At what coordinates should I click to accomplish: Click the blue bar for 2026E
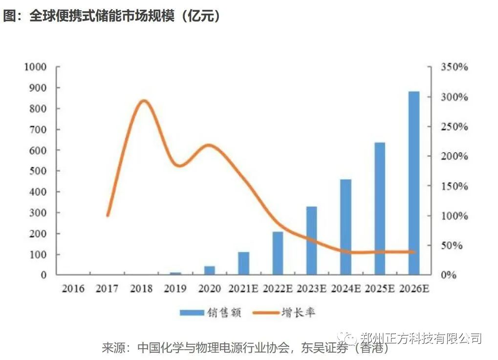(x=414, y=183)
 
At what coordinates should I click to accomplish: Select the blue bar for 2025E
(x=380, y=208)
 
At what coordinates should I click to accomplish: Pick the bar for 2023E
(x=312, y=241)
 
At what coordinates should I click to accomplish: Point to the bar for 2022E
(x=278, y=253)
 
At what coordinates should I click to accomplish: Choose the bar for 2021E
(x=243, y=263)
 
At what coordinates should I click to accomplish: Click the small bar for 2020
(x=210, y=270)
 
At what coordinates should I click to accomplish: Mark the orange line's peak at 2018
(x=143, y=101)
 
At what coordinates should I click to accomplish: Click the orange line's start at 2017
(x=108, y=215)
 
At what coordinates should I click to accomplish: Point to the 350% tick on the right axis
(x=455, y=67)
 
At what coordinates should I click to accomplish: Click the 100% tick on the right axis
(x=455, y=216)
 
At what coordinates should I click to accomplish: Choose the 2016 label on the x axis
(x=73, y=289)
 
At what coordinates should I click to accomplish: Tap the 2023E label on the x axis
(x=312, y=289)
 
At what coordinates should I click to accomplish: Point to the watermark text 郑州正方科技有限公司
(x=421, y=338)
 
